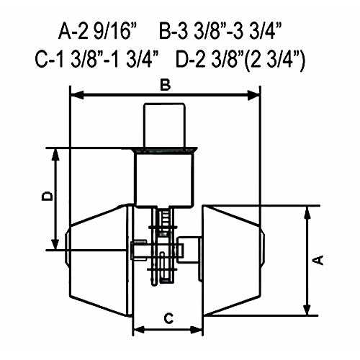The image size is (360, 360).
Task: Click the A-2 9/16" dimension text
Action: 97,32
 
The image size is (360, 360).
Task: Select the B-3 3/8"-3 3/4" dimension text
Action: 220,32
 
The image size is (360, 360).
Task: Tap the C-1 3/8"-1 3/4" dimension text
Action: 96,59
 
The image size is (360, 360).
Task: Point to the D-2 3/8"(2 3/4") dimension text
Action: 240,60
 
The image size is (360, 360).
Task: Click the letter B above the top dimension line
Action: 166,86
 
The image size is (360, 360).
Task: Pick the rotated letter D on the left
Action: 47,196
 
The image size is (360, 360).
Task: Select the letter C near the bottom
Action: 168,319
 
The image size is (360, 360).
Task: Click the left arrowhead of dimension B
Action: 77,96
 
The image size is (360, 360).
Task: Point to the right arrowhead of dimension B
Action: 253,96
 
